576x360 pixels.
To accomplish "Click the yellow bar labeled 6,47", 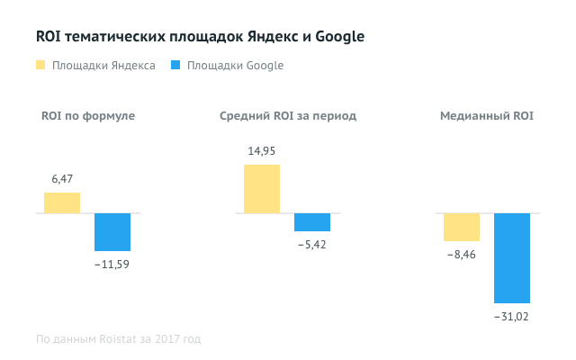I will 62,203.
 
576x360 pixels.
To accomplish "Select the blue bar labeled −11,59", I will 112,232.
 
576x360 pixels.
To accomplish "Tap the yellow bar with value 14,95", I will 262,189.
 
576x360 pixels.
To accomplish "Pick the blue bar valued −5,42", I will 312,222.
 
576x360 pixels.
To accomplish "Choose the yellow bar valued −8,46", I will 462,227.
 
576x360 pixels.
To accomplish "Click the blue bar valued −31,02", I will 512,258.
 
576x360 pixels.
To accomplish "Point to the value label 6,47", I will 62,180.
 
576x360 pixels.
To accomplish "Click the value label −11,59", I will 112,264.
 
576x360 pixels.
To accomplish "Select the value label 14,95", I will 262,150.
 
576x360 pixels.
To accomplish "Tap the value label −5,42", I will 312,244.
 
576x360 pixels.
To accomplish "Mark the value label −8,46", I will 462,255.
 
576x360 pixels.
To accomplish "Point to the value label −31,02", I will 512,317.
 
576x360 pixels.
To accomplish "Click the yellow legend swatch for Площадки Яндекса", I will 40,66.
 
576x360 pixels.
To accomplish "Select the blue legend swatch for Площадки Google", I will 175,66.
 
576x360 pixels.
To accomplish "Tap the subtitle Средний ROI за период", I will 288,116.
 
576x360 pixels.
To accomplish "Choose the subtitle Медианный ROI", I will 486,116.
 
